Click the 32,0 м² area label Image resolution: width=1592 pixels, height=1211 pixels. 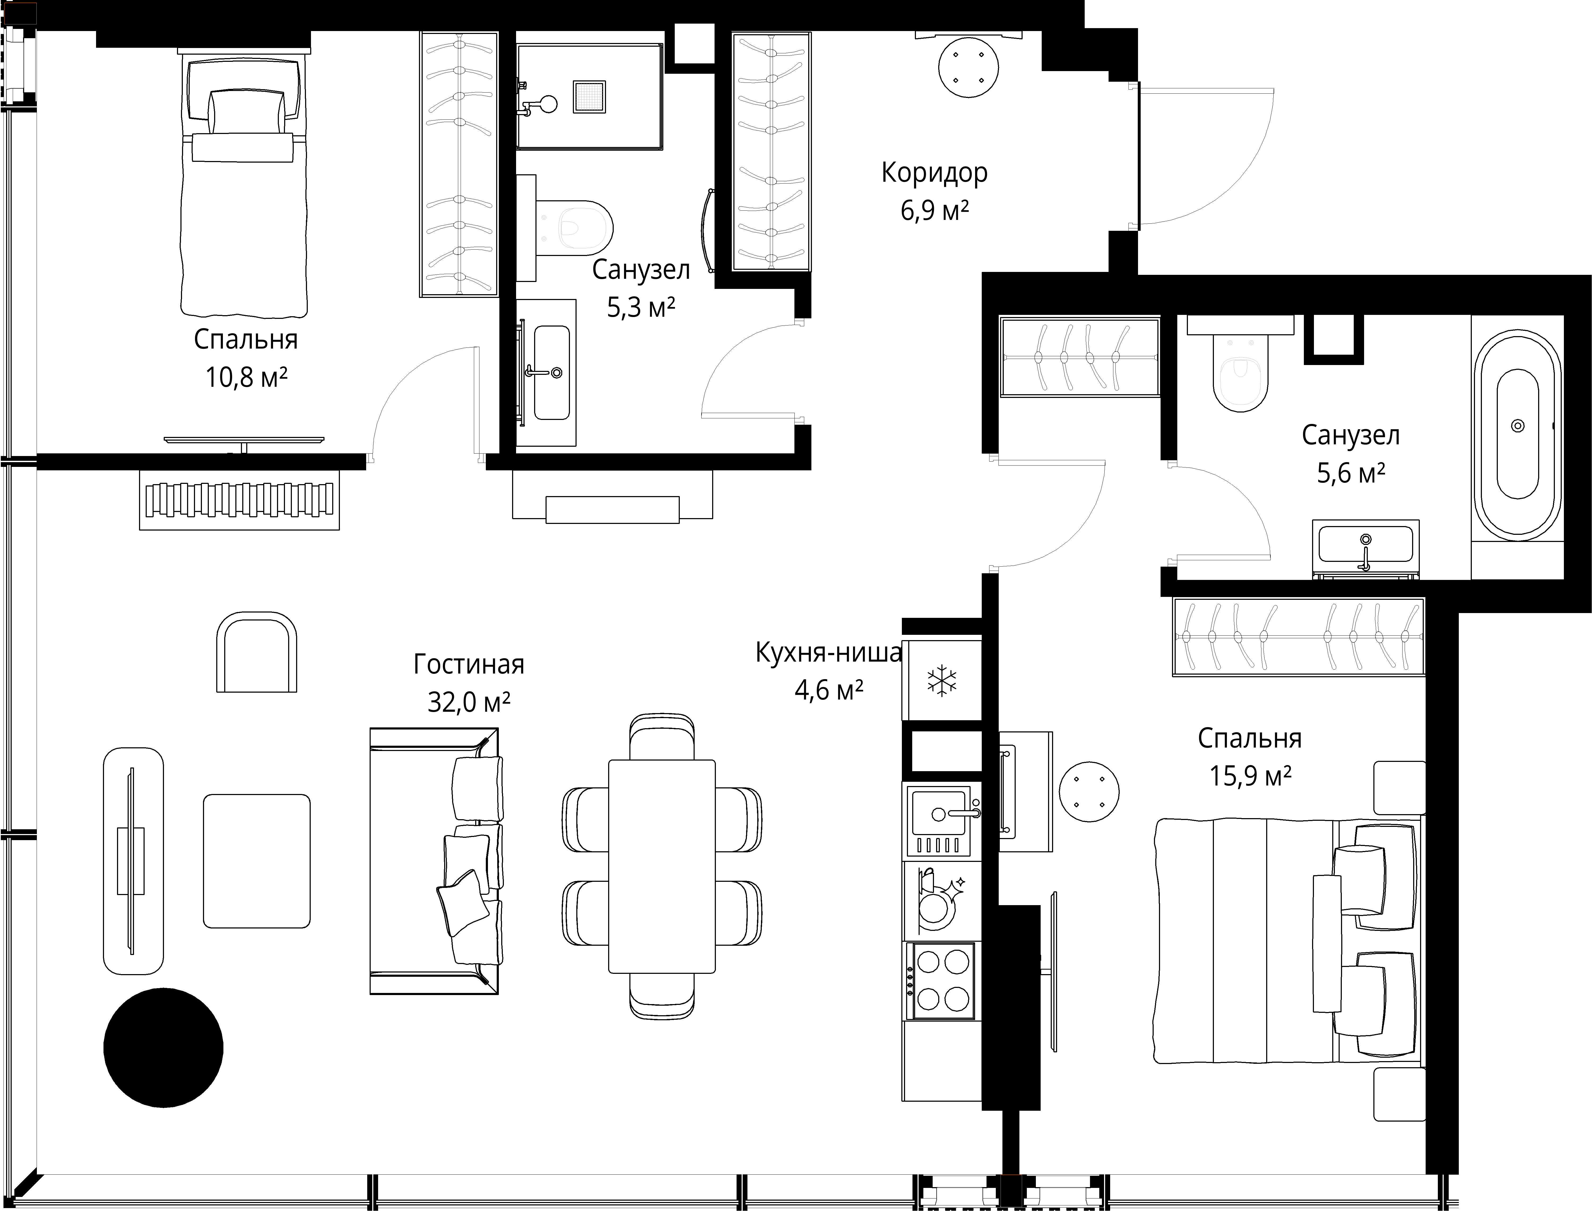click(x=469, y=701)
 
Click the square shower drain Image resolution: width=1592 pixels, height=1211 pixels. click(x=590, y=97)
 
